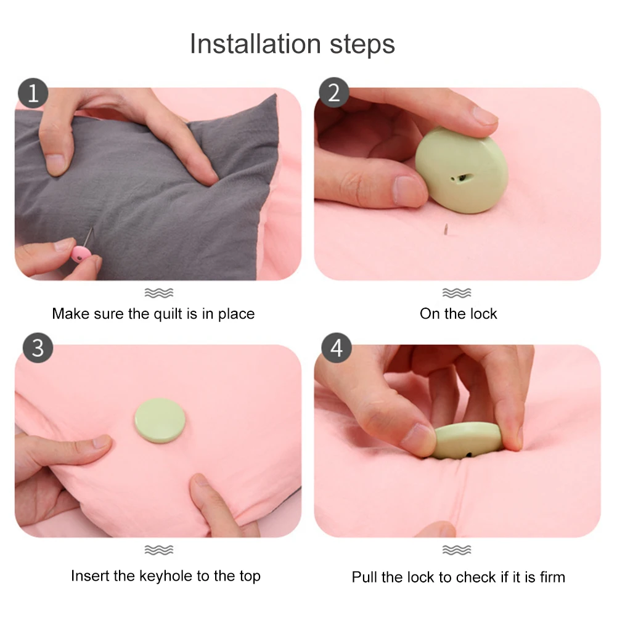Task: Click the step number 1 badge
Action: tap(33, 93)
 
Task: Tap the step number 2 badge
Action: tap(333, 92)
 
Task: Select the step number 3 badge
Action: tap(38, 348)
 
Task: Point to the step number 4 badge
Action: tap(337, 348)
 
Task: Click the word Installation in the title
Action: tap(255, 44)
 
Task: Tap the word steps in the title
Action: tap(362, 44)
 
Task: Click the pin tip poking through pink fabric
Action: tap(446, 229)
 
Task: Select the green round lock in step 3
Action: tap(160, 420)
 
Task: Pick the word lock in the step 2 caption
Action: tap(483, 314)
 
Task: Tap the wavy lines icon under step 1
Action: tap(159, 293)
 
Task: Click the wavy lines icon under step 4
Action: tap(457, 550)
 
